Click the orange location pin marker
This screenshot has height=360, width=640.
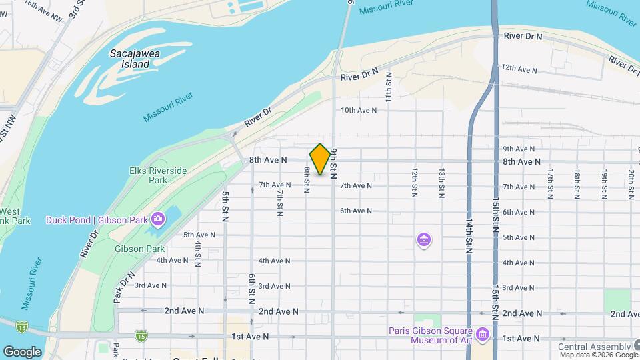[x=321, y=159]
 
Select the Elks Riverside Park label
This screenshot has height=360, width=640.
[x=158, y=175]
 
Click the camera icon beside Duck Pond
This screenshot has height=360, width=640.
[x=158, y=219]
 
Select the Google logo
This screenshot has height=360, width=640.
[x=22, y=351]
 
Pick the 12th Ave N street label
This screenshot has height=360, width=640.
[x=519, y=69]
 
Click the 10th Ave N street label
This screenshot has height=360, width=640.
[x=359, y=110]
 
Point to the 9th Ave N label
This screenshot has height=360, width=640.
[x=519, y=149]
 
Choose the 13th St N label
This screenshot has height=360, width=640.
[x=441, y=183]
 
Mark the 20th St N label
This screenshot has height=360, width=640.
[x=631, y=184]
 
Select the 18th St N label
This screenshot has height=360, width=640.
[x=577, y=184]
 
